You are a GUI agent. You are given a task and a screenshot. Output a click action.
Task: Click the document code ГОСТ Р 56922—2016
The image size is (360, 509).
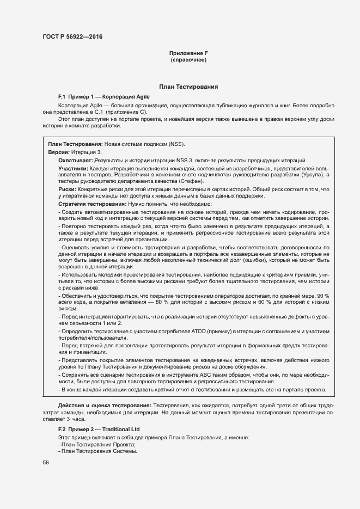click(72, 36)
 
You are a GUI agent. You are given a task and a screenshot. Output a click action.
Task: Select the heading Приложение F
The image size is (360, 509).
click(188, 53)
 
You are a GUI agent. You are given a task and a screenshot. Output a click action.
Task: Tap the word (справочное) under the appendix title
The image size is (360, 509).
click(188, 59)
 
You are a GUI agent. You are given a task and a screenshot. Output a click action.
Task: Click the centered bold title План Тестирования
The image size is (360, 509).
click(188, 87)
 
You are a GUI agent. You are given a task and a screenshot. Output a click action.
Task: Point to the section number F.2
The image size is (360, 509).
click(62, 430)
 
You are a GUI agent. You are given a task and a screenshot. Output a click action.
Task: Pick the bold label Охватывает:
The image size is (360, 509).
click(76, 161)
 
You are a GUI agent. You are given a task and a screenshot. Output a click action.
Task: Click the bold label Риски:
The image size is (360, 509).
click(67, 189)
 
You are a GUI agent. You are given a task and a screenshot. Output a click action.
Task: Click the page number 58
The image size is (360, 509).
click(45, 462)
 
